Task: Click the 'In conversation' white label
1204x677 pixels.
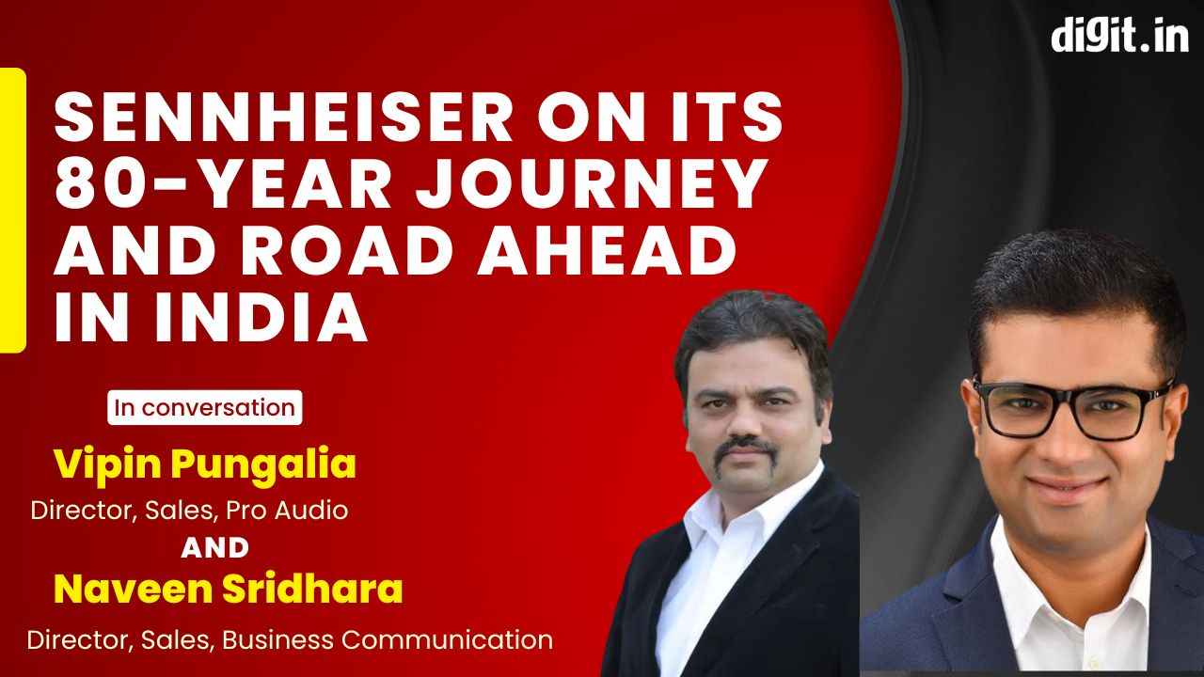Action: click(204, 408)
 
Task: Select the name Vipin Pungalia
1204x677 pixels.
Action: click(204, 464)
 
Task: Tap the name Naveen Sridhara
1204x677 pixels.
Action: click(229, 590)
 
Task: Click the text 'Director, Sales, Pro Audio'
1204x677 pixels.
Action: click(189, 511)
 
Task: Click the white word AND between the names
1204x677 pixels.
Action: click(214, 547)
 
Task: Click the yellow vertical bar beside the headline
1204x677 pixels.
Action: click(12, 210)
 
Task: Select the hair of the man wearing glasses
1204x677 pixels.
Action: click(1072, 282)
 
